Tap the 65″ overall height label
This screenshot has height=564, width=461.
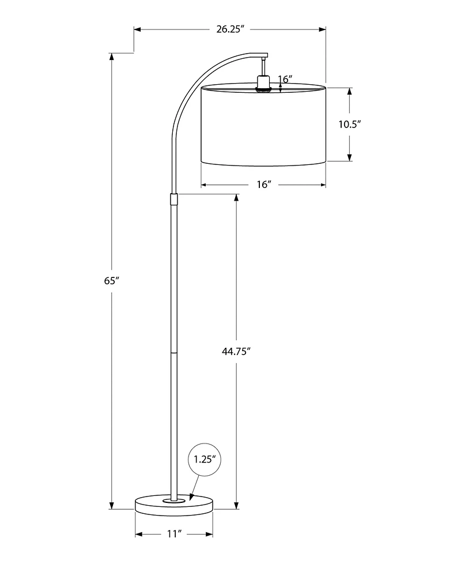click(x=111, y=281)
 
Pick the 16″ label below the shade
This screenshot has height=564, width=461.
click(x=263, y=185)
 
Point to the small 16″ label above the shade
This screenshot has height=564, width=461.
click(x=285, y=78)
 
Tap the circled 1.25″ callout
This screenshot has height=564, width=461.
click(x=205, y=459)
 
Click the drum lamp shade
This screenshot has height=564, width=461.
click(x=263, y=126)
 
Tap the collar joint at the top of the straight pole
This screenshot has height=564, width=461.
click(x=174, y=199)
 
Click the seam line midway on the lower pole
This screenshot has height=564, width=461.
click(x=174, y=351)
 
